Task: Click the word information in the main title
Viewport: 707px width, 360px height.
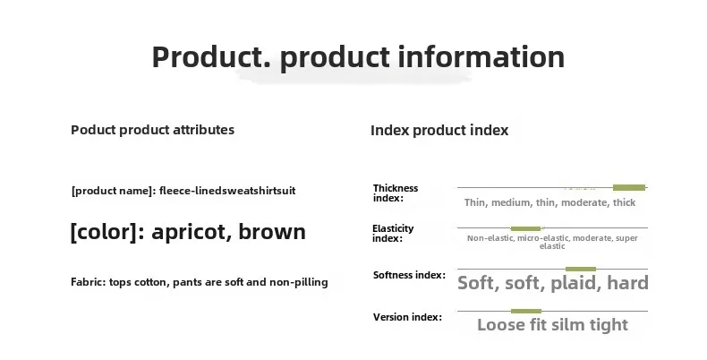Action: (481, 56)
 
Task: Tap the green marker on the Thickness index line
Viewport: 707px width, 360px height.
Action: (629, 188)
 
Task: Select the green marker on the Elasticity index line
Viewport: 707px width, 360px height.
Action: (525, 228)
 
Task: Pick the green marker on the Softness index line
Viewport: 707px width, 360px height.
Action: (581, 270)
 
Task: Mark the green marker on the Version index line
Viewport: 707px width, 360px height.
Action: (526, 312)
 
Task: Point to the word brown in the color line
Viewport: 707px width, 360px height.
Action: (272, 231)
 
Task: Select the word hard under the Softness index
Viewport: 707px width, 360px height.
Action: (627, 283)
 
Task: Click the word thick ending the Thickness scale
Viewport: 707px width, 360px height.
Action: (624, 202)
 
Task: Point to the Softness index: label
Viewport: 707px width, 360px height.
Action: (409, 275)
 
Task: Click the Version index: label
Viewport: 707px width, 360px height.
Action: (407, 317)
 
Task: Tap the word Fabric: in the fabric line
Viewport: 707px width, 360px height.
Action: (89, 282)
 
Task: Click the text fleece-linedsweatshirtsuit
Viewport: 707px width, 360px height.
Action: (227, 191)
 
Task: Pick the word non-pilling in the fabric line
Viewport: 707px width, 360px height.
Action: (299, 283)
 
